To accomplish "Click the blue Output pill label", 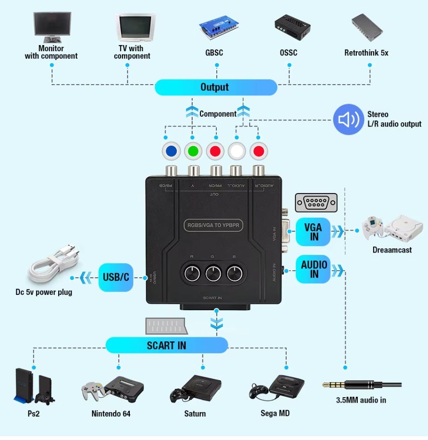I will pyautogui.click(x=215, y=87).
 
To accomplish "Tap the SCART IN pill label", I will pyautogui.click(x=167, y=345).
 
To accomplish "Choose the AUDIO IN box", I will pyautogui.click(x=314, y=269).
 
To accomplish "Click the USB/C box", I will pyautogui.click(x=116, y=278).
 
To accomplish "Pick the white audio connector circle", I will pyautogui.click(x=237, y=151).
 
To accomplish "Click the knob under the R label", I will pyautogui.click(x=192, y=274).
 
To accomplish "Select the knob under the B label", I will pyautogui.click(x=235, y=274).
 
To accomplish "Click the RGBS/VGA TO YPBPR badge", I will pyautogui.click(x=214, y=226).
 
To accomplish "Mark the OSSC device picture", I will pyautogui.click(x=292, y=27).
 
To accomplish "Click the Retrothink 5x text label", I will pyautogui.click(x=366, y=53).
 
